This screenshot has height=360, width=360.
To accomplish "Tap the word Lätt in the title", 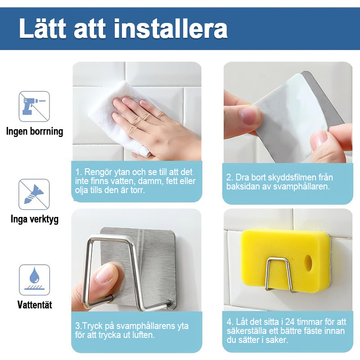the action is (x=42, y=28).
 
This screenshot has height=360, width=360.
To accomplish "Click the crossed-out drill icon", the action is (x=34, y=106).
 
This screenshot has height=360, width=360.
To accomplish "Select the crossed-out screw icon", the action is (x=34, y=194).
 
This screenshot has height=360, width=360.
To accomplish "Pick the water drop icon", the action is (x=35, y=280).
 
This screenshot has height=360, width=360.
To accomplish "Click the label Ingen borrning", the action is (x=35, y=131).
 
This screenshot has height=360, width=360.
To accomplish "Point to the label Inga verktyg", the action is (x=35, y=219).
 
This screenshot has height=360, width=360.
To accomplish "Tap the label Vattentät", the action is (x=35, y=305).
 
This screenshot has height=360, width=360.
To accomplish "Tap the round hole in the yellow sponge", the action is (x=308, y=263).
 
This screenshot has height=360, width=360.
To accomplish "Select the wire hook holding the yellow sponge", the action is (x=279, y=275).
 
